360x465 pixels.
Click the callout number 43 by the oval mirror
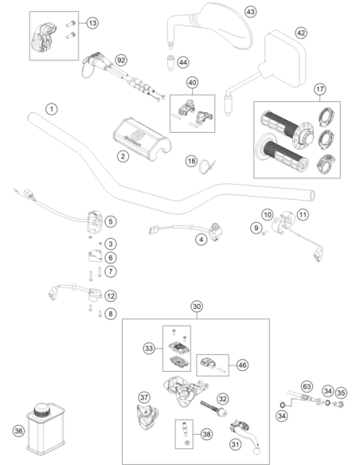click(x=251, y=12)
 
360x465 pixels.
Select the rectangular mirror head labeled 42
click(x=284, y=59)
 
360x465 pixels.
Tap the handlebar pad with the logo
click(x=142, y=139)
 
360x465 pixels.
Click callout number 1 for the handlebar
click(x=52, y=109)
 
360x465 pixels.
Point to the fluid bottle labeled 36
click(x=46, y=428)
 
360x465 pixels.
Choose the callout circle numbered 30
click(x=197, y=307)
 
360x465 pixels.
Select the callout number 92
click(x=121, y=61)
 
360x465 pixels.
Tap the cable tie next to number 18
click(x=207, y=166)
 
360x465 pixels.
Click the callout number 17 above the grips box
click(x=320, y=89)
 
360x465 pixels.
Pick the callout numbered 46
click(x=242, y=365)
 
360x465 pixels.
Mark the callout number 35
click(x=341, y=393)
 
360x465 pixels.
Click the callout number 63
click(x=307, y=387)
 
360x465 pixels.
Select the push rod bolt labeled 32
click(x=213, y=408)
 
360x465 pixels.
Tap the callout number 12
click(x=111, y=295)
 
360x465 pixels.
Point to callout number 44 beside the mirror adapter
click(x=183, y=62)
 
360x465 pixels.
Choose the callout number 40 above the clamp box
click(x=193, y=83)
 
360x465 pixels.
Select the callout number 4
click(x=202, y=240)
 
